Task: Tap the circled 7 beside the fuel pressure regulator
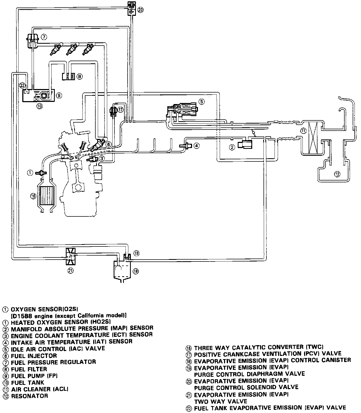click(44, 37)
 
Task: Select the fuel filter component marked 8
click(69, 76)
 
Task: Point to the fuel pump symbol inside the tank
click(43, 95)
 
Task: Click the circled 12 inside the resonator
click(337, 174)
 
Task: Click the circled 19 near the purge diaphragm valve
click(136, 253)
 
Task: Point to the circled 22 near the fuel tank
click(22, 86)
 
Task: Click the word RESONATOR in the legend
click(30, 396)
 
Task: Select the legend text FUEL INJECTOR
click(34, 356)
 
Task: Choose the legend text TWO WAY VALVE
click(221, 401)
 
